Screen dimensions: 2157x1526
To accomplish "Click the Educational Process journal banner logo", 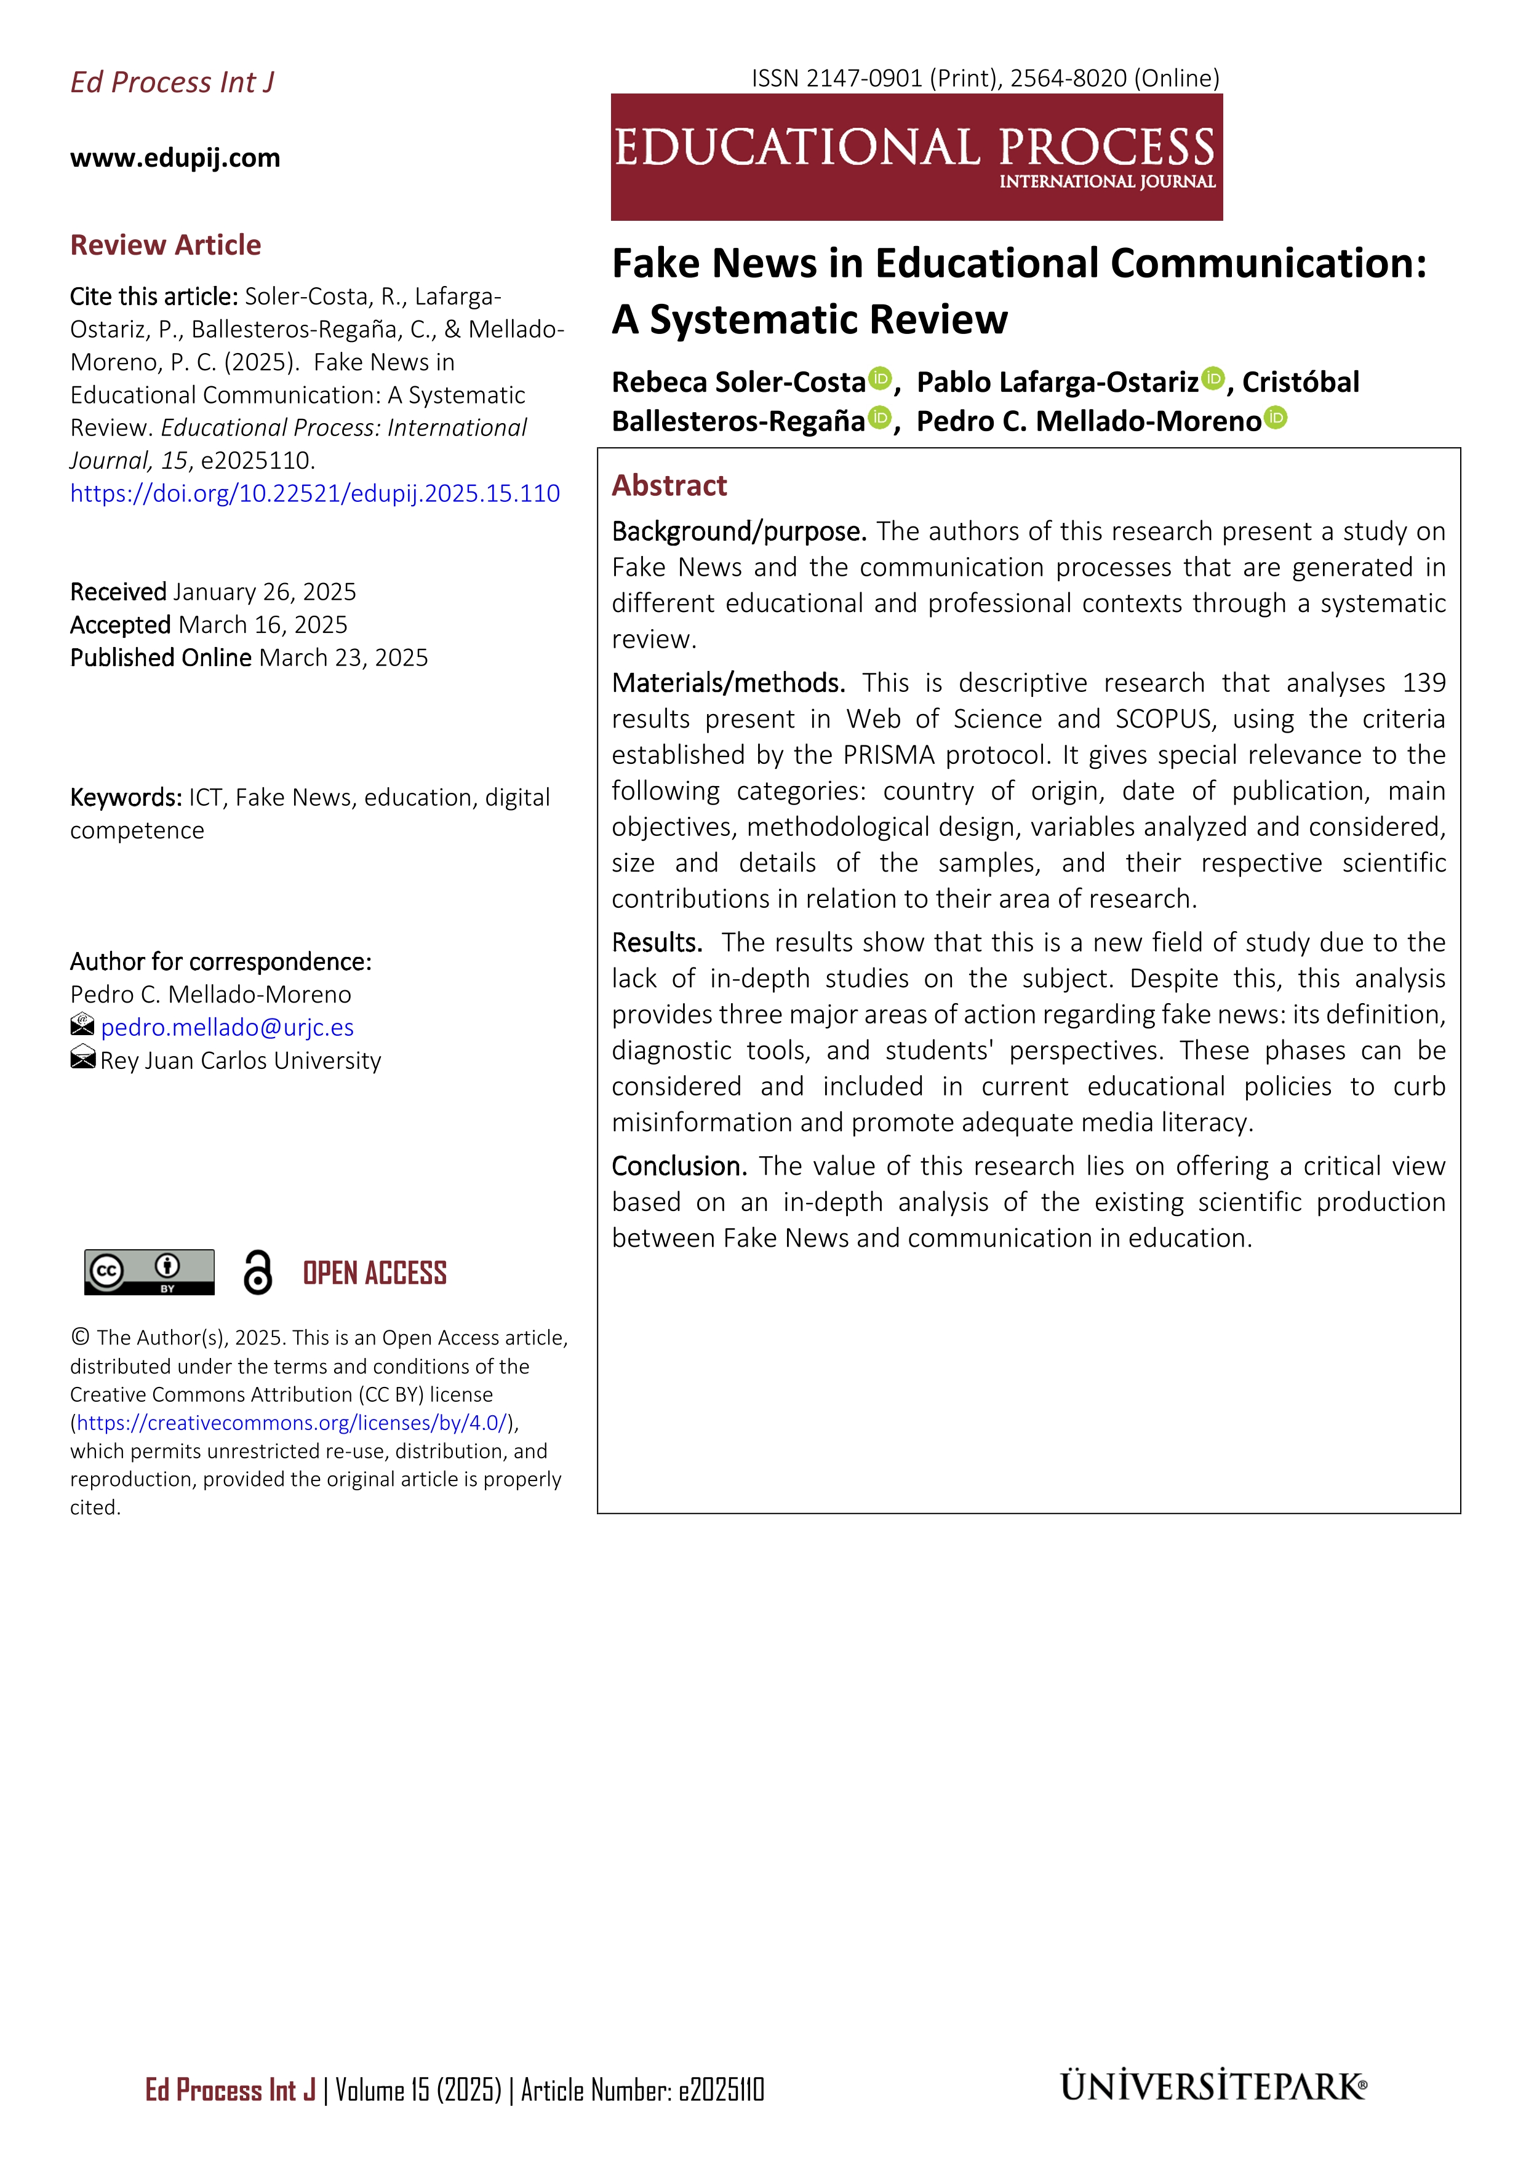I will pos(916,157).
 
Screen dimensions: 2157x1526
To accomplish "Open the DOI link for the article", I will pos(315,493).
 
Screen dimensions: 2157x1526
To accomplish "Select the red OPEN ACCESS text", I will pos(374,1273).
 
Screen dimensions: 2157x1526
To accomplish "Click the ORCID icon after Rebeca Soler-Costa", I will pos(879,379).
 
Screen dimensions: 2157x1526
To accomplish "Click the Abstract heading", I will pos(669,486).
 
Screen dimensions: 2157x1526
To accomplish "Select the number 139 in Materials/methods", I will pos(1424,683).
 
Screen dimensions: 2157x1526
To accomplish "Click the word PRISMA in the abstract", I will pos(890,755).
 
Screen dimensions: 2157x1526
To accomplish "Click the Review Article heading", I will pos(166,245).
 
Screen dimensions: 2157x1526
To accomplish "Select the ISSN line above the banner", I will pos(985,78).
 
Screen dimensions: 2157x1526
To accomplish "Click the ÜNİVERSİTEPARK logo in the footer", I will pos(1213,2087).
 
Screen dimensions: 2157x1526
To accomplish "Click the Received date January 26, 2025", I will pos(264,592).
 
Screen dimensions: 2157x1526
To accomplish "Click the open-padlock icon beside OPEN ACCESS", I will pos(257,1273).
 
